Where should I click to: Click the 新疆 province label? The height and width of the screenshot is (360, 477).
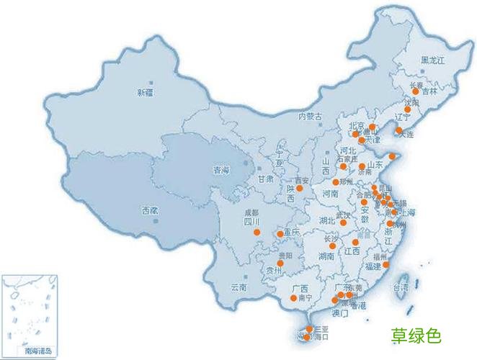click(x=145, y=92)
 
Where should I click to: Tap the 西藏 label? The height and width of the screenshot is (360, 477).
click(x=149, y=210)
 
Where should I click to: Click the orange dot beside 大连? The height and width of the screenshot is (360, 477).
click(x=398, y=131)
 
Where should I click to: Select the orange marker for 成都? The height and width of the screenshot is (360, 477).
click(x=257, y=232)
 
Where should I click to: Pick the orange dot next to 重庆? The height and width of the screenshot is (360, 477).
click(x=280, y=234)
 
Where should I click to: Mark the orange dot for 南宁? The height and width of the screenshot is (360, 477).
click(x=293, y=298)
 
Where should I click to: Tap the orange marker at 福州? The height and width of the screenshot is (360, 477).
click(x=385, y=264)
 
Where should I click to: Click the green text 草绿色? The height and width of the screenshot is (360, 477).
click(x=416, y=336)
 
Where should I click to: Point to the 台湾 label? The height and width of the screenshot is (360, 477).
click(x=399, y=287)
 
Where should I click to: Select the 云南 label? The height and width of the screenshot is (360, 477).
click(x=238, y=287)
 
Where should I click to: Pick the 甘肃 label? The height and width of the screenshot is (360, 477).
click(x=267, y=179)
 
